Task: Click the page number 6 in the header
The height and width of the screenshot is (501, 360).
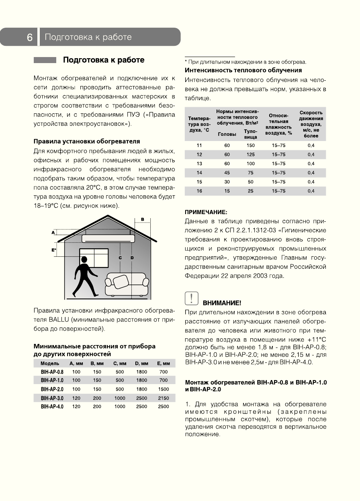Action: click(30, 37)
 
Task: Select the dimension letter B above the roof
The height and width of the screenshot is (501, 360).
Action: click(142, 219)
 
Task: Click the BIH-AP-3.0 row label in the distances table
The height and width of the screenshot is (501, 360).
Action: click(52, 398)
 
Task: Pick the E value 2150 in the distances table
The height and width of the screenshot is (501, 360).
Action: click(163, 398)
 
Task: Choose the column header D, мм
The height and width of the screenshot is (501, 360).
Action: click(141, 363)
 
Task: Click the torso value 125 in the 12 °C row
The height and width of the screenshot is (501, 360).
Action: click(251, 154)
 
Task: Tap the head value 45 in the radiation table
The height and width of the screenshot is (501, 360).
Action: click(227, 173)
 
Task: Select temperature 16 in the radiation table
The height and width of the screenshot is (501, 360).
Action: click(199, 191)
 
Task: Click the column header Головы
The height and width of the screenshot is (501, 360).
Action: click(227, 134)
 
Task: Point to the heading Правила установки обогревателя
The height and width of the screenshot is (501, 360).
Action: click(87, 141)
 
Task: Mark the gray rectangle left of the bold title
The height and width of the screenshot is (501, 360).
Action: click(45, 60)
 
